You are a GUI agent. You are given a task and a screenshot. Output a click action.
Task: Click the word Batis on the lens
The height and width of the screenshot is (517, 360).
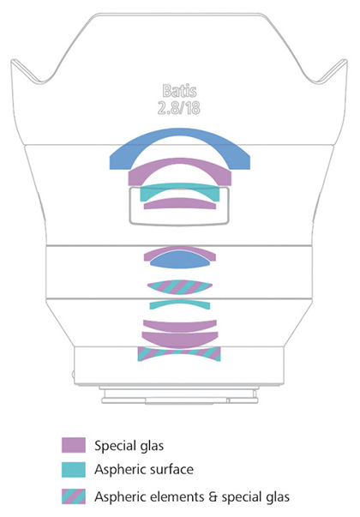tap(180, 91)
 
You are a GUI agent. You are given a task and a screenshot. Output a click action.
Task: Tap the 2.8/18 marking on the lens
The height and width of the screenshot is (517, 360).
tap(179, 108)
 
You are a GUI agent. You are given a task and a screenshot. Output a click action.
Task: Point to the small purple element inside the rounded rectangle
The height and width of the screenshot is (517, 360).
tap(180, 203)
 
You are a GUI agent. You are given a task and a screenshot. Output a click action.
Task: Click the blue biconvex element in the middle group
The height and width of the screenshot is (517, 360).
tap(180, 261)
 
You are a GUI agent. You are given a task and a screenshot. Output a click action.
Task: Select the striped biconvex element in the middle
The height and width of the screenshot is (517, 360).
tap(180, 287)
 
